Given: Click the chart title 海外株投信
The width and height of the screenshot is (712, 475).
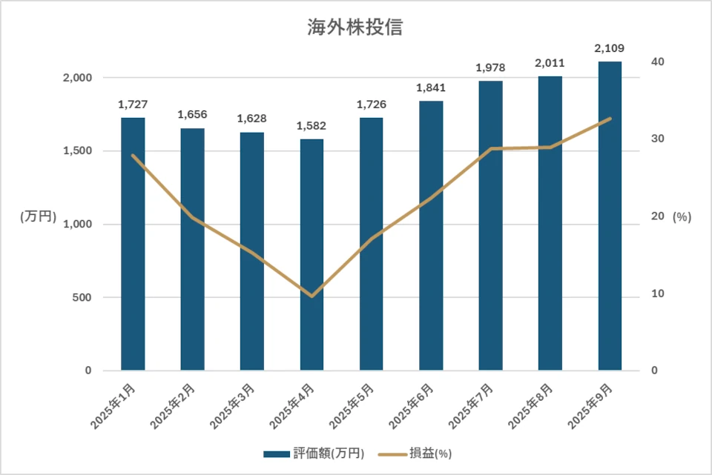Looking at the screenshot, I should (x=355, y=28).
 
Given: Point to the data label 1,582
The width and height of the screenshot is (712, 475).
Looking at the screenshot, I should (x=311, y=126).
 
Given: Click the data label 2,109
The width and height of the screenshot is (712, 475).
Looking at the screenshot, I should (x=610, y=49).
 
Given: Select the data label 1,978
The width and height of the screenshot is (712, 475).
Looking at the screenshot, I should (x=490, y=68).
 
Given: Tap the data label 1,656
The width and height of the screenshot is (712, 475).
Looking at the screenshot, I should (x=193, y=115).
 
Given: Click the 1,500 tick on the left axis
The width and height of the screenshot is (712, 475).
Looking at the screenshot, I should (x=76, y=151).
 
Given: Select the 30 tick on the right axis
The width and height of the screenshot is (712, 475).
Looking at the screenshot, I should (x=656, y=139).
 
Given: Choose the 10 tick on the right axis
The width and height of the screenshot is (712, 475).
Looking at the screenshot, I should (x=656, y=293).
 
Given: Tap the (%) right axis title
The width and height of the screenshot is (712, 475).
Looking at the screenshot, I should (x=682, y=217).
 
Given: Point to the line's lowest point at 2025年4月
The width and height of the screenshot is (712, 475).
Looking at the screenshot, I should (x=311, y=296).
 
